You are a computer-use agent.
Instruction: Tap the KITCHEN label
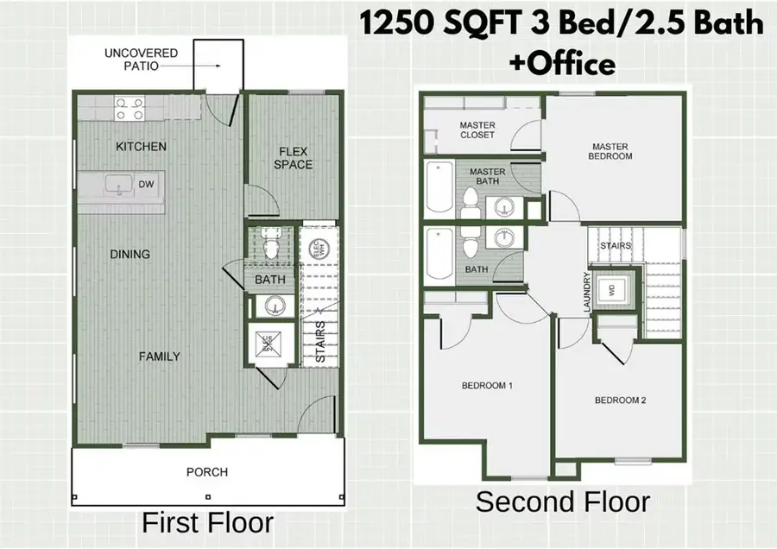pyautogui.click(x=141, y=147)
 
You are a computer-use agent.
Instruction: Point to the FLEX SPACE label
pyautogui.click(x=294, y=158)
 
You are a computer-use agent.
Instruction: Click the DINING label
pyautogui.click(x=130, y=255)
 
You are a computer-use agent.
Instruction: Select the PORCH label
pyautogui.click(x=207, y=472)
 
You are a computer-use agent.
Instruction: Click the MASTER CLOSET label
pyautogui.click(x=477, y=130)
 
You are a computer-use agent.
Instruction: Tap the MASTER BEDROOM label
pyautogui.click(x=612, y=151)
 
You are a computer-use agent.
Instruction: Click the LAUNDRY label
pyautogui.click(x=587, y=293)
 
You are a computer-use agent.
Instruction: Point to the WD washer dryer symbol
pyautogui.click(x=614, y=291)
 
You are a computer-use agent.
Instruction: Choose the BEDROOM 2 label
pyautogui.click(x=620, y=401)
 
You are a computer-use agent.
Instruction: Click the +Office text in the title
pyautogui.click(x=561, y=64)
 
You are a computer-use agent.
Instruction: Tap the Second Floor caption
pyautogui.click(x=562, y=502)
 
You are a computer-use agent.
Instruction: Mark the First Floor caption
pyautogui.click(x=207, y=523)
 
